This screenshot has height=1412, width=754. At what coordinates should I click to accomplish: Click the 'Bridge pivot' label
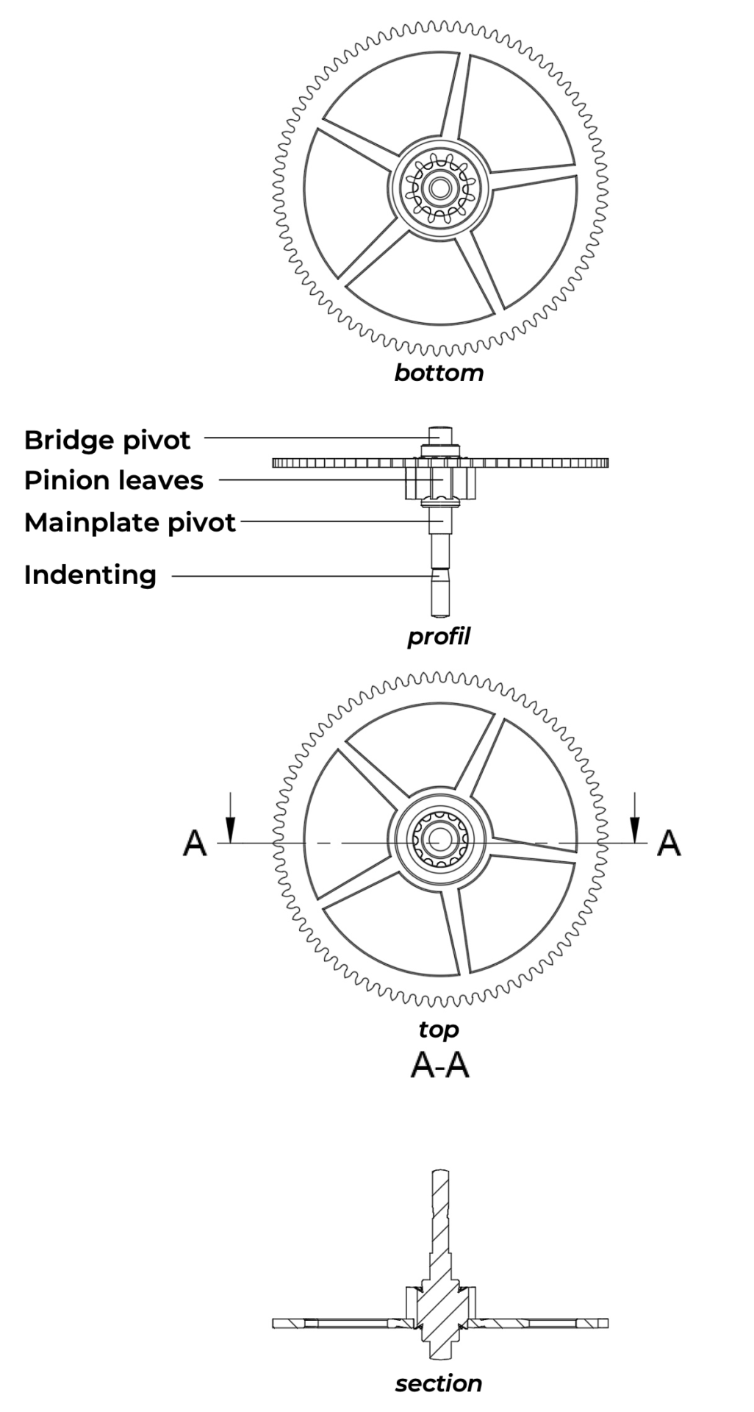click(x=107, y=440)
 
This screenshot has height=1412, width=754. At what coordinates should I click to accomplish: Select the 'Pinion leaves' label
click(x=113, y=480)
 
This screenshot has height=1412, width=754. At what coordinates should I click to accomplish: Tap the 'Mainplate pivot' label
click(x=129, y=522)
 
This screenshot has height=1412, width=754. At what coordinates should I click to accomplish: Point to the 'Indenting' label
click(x=90, y=574)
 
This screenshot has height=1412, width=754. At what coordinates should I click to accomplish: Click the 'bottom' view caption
click(x=439, y=373)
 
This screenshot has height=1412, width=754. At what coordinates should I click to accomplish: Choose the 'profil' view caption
click(x=439, y=636)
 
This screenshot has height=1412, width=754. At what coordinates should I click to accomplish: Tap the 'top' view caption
click(x=439, y=1030)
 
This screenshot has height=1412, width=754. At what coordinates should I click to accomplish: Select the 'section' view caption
click(x=439, y=1384)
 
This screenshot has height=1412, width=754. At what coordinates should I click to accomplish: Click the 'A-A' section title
click(x=439, y=1066)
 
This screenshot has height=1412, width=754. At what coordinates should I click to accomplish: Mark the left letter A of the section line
click(x=195, y=843)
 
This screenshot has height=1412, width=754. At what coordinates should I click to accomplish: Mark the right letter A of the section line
click(x=668, y=843)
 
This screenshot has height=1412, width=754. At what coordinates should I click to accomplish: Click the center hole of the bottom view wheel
click(x=439, y=188)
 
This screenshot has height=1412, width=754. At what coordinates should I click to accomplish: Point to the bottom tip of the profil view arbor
click(x=439, y=612)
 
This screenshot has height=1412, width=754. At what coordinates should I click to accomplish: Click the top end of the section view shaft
click(x=439, y=1172)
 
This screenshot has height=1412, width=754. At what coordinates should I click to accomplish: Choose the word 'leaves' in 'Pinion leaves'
click(x=163, y=480)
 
